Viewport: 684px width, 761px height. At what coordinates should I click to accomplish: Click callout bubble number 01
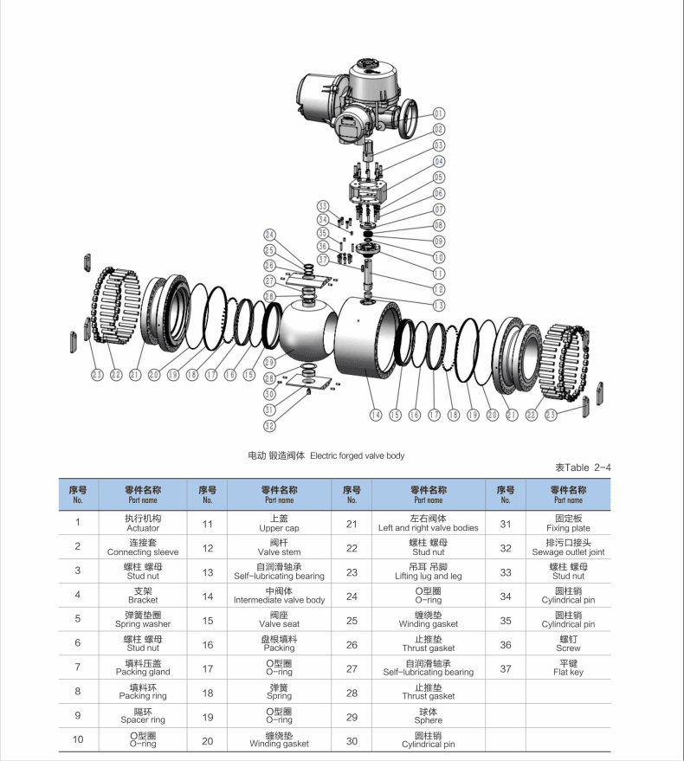coord(439,113)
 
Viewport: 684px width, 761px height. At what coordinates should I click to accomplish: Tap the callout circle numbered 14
coord(376,415)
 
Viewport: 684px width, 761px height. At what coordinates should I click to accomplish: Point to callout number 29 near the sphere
coord(269,362)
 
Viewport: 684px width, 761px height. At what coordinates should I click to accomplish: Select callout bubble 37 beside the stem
coord(323,258)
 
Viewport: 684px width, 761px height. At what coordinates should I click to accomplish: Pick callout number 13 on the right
coord(439,305)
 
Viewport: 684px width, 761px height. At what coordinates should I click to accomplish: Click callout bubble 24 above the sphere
coord(269,235)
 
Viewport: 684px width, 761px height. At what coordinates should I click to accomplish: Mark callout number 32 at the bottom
coord(269,425)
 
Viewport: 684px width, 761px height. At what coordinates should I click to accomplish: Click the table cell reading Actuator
coord(143,523)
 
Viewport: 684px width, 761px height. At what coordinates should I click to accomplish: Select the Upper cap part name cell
coord(279,523)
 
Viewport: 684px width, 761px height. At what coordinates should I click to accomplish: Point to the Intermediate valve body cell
coord(279,595)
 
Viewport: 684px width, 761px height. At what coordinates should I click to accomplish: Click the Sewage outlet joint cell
coord(568,547)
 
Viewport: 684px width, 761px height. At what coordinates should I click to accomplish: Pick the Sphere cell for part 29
coord(428,715)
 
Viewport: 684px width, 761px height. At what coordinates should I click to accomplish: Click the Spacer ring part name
coord(143,715)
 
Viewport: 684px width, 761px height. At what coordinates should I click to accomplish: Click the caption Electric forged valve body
coord(326,455)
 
